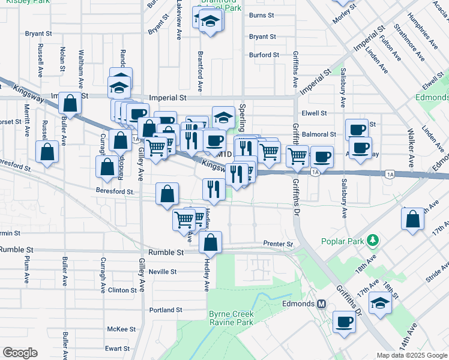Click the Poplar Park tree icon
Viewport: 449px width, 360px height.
click(x=373, y=241)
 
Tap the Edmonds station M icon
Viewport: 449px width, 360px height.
click(x=321, y=304)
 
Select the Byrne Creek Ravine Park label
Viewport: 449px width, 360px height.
click(x=231, y=319)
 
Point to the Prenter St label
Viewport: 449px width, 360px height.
click(x=277, y=244)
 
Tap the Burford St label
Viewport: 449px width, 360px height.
click(x=264, y=55)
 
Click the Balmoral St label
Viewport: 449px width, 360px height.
click(x=319, y=134)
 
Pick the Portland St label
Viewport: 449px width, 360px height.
click(x=165, y=310)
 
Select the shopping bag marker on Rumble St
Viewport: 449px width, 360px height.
click(x=211, y=243)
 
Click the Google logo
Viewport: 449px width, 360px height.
click(x=20, y=353)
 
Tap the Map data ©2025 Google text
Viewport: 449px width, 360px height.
click(x=411, y=355)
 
